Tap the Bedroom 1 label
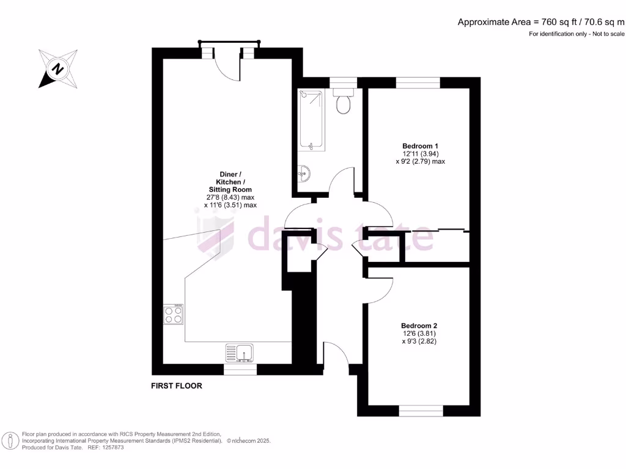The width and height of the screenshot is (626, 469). (x=420, y=146)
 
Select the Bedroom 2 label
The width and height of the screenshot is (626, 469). (x=419, y=326)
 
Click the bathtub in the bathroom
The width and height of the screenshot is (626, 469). (x=312, y=120)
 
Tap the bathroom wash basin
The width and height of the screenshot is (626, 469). (x=304, y=175)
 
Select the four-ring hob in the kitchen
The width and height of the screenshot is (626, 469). (x=173, y=314)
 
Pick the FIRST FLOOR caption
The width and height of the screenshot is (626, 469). (x=177, y=386)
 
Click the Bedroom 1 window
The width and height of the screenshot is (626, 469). (x=418, y=82)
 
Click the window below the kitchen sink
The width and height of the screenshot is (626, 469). (x=240, y=369)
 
